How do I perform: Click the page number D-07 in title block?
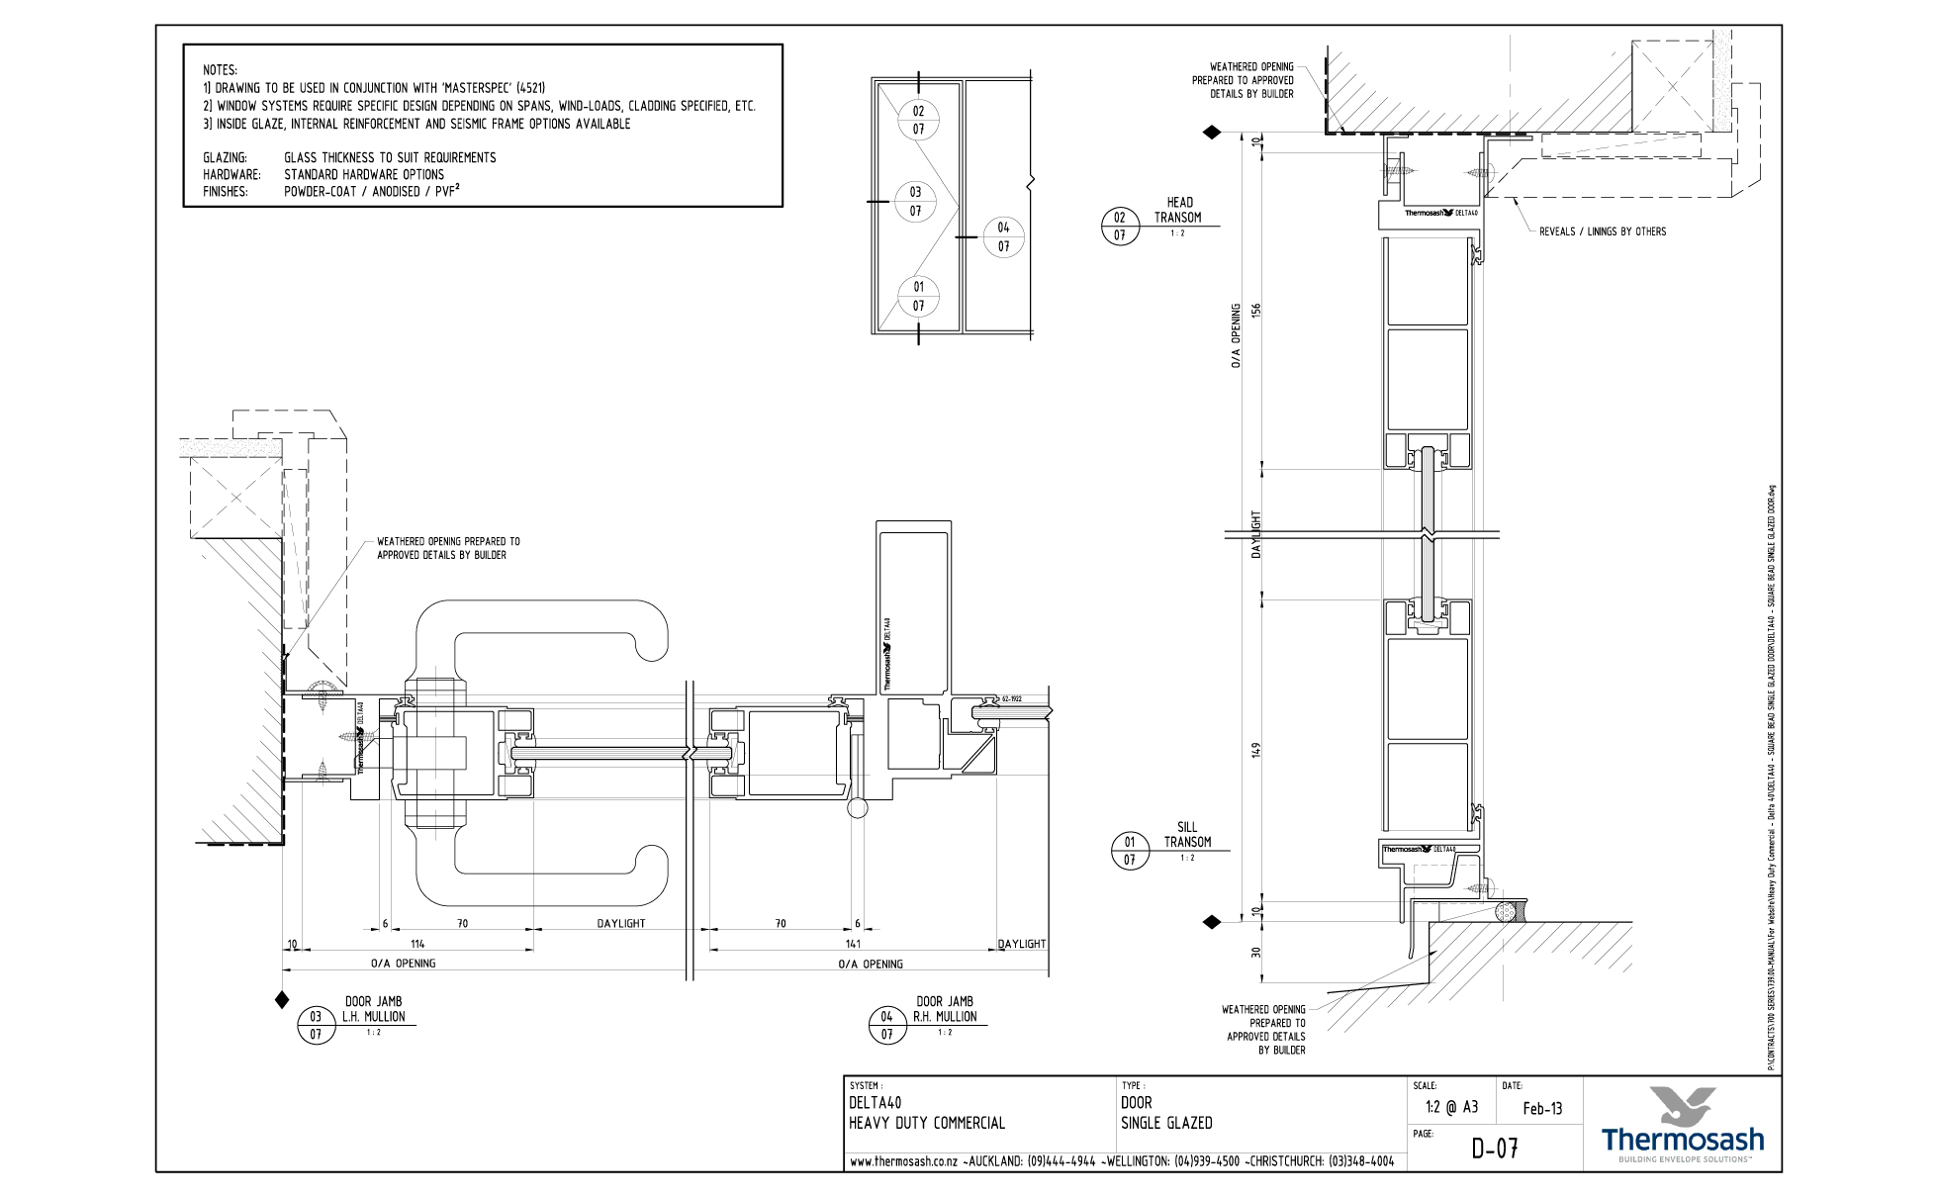[x=1494, y=1149]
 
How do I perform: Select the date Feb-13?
[x=1542, y=1108]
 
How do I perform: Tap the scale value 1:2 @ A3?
[x=1451, y=1108]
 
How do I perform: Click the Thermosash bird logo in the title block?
[x=1683, y=1105]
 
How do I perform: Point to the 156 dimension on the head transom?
[x=1256, y=310]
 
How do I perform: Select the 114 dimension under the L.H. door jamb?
[x=416, y=944]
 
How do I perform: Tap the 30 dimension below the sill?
[x=1256, y=953]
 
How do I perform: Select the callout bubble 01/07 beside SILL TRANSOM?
[x=1129, y=851]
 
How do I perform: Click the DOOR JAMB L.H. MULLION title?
[x=373, y=1009]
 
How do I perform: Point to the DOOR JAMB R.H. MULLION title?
[x=944, y=1009]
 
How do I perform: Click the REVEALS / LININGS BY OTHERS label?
[x=1602, y=231]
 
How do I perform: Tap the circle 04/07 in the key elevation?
[x=1003, y=237]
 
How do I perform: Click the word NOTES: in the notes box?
[x=220, y=70]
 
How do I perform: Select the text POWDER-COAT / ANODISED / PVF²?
[x=371, y=192]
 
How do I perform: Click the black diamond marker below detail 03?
[x=282, y=1000]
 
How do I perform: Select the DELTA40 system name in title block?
[x=875, y=1102]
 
